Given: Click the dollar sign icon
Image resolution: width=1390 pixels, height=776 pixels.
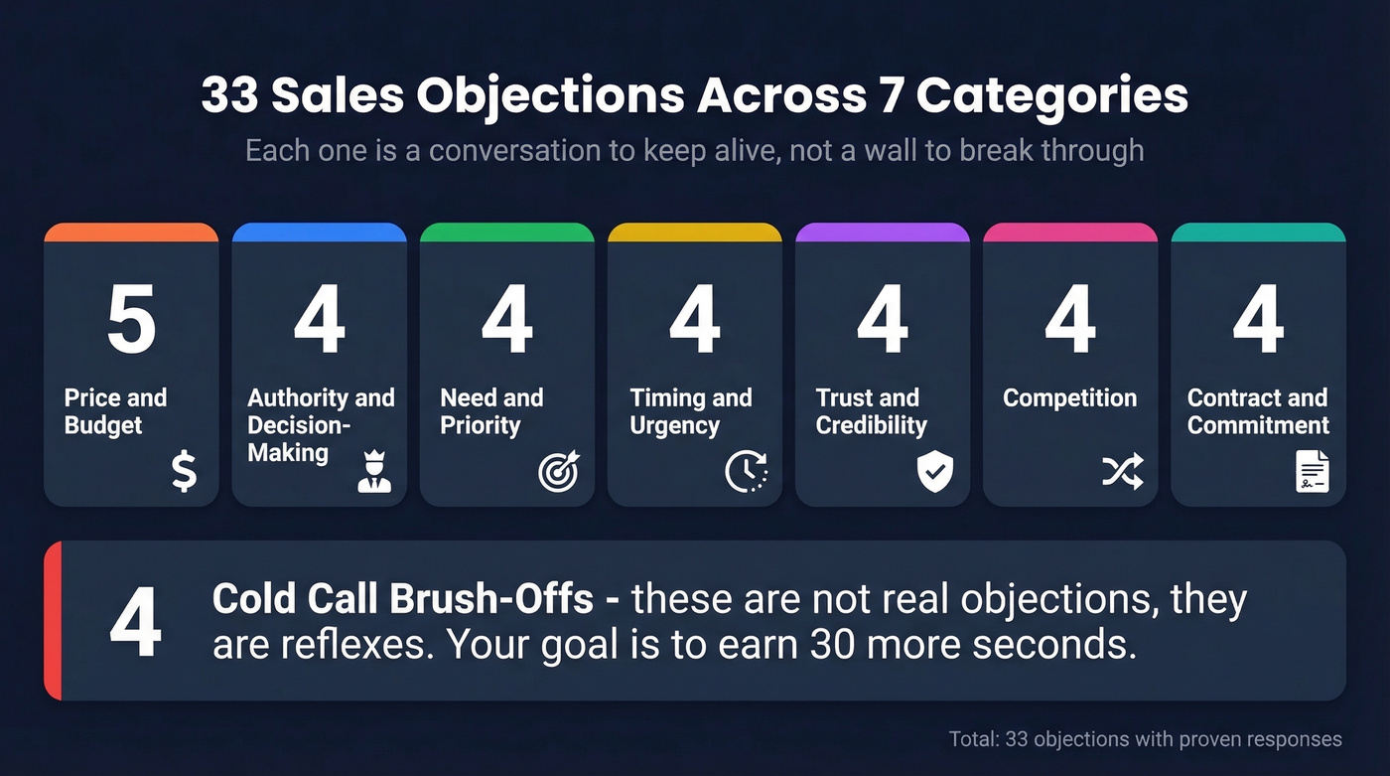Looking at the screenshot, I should [x=184, y=471].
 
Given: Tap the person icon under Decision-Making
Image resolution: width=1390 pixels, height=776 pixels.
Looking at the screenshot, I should [x=374, y=473].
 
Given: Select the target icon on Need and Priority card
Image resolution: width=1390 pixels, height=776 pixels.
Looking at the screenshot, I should [x=558, y=471].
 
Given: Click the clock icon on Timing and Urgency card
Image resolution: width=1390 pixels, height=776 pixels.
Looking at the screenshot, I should [x=746, y=471].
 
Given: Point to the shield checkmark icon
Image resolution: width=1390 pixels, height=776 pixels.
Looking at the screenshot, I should [x=934, y=471].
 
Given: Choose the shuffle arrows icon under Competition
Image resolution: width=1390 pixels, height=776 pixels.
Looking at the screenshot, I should [x=1122, y=471].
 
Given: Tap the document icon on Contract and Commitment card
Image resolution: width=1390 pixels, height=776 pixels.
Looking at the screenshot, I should [x=1312, y=471].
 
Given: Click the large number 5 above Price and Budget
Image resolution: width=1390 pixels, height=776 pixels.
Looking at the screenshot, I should [x=131, y=321].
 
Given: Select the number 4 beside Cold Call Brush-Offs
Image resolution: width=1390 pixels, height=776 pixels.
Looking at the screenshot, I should [x=135, y=622].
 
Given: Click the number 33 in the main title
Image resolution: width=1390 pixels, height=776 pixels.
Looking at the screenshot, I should [x=230, y=96].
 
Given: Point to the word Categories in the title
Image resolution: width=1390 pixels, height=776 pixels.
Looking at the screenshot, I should [x=1051, y=96].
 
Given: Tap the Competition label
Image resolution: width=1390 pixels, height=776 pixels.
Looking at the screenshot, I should [x=1069, y=398].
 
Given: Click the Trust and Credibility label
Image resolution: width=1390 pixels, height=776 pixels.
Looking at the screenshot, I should [x=871, y=411].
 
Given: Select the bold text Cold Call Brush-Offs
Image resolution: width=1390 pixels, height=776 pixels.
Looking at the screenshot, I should [x=402, y=600].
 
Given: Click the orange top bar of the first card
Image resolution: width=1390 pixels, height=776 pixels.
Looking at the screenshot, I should [x=131, y=233].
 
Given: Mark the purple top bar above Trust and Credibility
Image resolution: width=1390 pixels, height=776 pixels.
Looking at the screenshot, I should [x=882, y=233].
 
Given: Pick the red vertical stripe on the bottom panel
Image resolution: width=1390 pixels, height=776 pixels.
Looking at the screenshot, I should [x=53, y=621].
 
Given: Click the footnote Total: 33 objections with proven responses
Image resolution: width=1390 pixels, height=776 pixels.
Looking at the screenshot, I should [x=1145, y=739].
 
